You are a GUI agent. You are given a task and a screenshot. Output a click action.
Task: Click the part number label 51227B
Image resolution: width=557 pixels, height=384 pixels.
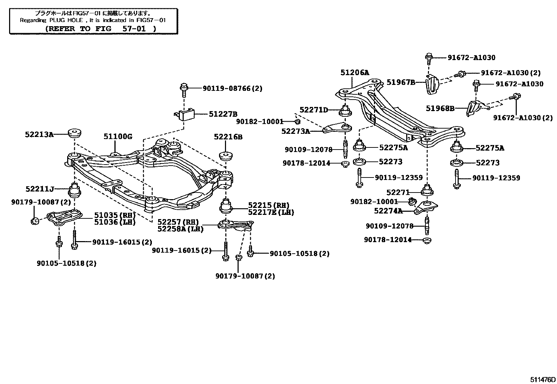pyautogui.click(x=223, y=114)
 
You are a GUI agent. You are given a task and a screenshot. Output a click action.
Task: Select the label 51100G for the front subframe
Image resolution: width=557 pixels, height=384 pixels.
pyautogui.click(x=118, y=137)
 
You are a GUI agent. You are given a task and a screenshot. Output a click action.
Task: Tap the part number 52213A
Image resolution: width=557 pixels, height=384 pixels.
pyautogui.click(x=39, y=134)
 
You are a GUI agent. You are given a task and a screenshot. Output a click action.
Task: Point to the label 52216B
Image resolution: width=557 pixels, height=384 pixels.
pyautogui.click(x=228, y=137)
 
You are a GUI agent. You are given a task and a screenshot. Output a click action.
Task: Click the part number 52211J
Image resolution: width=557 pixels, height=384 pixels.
pyautogui.click(x=40, y=189)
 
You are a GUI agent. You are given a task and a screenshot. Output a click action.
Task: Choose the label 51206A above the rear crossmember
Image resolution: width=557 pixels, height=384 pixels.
pyautogui.click(x=355, y=73)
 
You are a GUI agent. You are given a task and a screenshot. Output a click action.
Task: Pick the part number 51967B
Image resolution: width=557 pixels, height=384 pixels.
pyautogui.click(x=401, y=82)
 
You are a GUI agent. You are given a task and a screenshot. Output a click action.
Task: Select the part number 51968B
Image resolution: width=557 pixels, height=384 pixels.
pyautogui.click(x=440, y=108)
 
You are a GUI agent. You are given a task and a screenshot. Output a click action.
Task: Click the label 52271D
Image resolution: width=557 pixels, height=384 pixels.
pyautogui.click(x=313, y=110)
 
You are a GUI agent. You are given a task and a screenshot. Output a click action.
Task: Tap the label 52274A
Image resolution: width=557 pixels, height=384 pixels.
pyautogui.click(x=388, y=211)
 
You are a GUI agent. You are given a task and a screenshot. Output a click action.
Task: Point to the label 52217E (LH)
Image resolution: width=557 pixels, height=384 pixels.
pyautogui.click(x=271, y=212)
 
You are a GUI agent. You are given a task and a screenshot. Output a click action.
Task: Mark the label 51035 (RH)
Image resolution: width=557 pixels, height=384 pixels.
pyautogui.click(x=115, y=215)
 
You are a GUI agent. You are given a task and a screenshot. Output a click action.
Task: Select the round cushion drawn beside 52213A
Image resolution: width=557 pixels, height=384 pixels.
pyautogui.click(x=75, y=133)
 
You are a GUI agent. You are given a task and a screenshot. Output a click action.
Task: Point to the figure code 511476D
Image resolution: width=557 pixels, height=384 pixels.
pyautogui.click(x=542, y=379)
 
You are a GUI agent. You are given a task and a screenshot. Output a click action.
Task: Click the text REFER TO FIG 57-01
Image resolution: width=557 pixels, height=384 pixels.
pyautogui.click(x=101, y=29)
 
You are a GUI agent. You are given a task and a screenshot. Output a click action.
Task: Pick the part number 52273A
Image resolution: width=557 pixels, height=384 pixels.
pyautogui.click(x=296, y=131)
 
